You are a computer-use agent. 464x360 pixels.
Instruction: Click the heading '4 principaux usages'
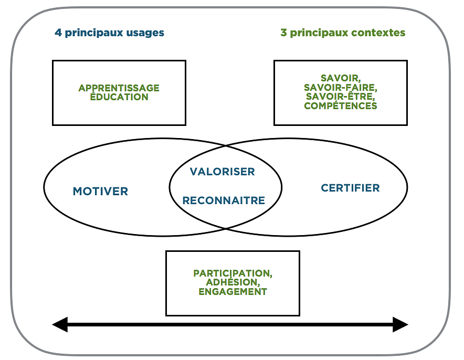tap(109, 33)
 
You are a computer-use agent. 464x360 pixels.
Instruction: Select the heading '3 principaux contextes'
tap(343, 33)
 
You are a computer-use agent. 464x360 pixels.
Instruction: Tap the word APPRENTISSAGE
tap(119, 88)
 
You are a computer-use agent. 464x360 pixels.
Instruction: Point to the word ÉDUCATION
tap(119, 97)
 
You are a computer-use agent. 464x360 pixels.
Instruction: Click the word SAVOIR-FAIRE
tap(340, 88)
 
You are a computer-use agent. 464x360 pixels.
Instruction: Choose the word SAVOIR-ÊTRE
tap(340, 97)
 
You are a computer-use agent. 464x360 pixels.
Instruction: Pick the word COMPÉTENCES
tap(340, 106)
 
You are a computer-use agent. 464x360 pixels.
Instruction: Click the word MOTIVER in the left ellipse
tap(100, 192)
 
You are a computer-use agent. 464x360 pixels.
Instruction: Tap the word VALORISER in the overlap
tap(222, 172)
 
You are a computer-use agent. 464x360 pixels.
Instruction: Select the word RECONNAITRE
tap(224, 200)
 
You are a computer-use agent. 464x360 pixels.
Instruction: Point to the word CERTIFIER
tap(350, 188)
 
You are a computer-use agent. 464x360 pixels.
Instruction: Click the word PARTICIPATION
tap(233, 273)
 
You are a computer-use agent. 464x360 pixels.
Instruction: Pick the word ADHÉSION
tap(233, 282)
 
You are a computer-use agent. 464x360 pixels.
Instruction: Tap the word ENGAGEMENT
tap(233, 292)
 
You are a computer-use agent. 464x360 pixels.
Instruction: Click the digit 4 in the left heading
tap(58, 33)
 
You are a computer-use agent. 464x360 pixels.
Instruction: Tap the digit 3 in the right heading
tap(283, 33)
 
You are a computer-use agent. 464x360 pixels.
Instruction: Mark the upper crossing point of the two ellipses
tap(226, 146)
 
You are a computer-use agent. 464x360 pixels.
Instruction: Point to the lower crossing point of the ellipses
tap(226, 228)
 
